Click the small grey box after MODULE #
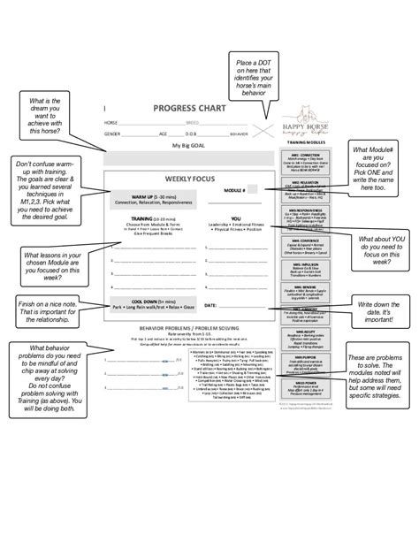(253, 189)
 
